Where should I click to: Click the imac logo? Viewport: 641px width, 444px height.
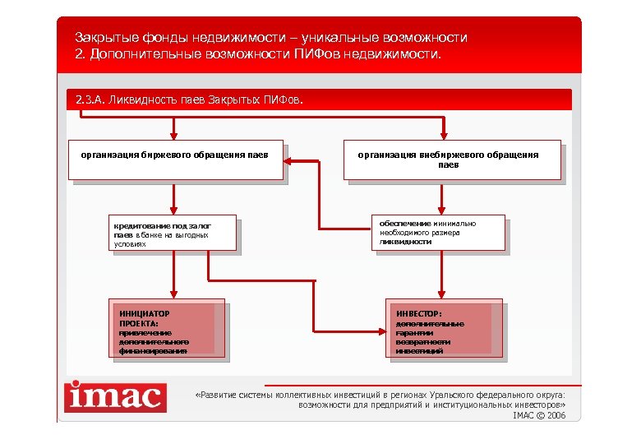click(x=115, y=397)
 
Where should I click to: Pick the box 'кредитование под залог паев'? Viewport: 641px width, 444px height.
click(x=173, y=234)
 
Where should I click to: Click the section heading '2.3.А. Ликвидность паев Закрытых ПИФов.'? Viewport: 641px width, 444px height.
click(x=189, y=100)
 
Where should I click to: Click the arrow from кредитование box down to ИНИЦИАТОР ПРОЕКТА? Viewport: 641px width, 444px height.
click(x=173, y=275)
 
